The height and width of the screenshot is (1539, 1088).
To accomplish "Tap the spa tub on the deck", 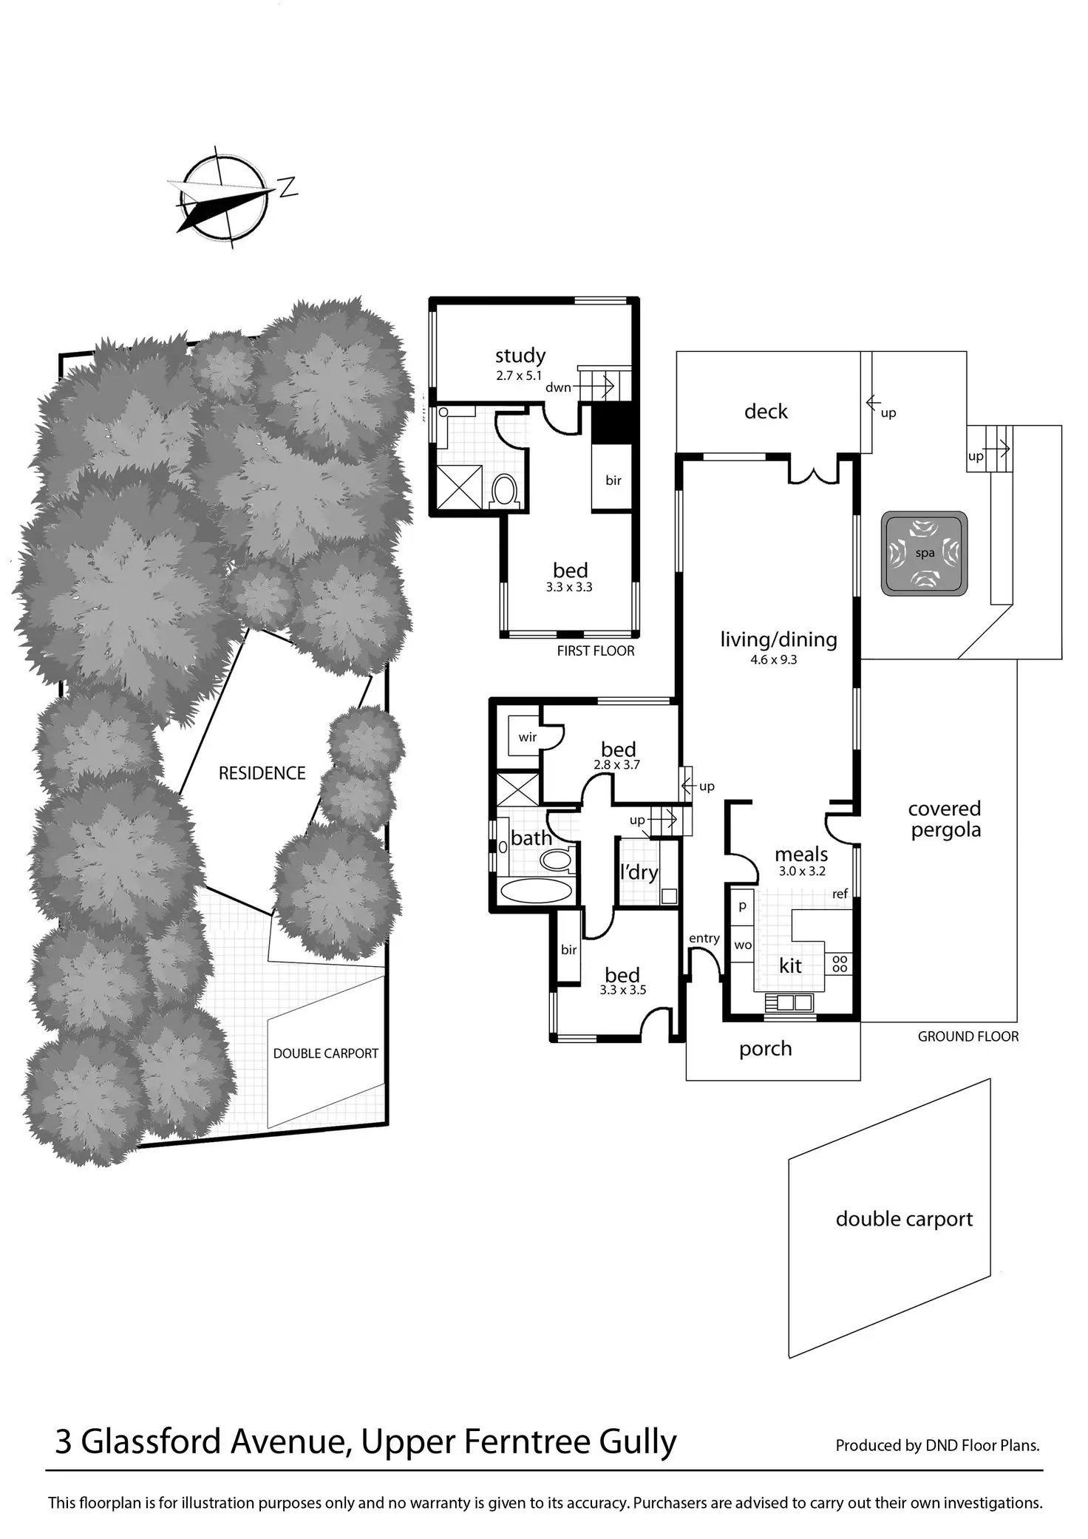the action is [924, 554].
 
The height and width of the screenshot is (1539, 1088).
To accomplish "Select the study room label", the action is [520, 356].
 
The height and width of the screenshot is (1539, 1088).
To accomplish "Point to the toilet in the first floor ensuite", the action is [504, 489].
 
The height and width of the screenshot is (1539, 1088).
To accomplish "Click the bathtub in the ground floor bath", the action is [537, 890].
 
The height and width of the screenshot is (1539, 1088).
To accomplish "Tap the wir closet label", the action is [528, 737].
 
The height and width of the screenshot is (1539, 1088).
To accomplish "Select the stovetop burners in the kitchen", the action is [840, 963].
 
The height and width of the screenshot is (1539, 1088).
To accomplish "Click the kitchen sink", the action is [789, 1003].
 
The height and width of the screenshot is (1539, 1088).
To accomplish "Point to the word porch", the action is [765, 1049].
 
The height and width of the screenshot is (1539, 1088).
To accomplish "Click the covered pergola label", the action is [945, 819].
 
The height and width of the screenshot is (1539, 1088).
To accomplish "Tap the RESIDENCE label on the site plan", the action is [262, 773].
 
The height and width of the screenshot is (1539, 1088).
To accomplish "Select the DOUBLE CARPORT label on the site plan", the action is [325, 1053].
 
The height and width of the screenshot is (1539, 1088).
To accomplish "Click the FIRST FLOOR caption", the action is [596, 651].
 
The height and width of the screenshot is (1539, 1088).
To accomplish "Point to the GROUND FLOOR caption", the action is [968, 1037].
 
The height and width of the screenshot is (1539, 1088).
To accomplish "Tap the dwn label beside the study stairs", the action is [558, 387].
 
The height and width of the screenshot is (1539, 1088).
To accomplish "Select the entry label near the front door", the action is [704, 938].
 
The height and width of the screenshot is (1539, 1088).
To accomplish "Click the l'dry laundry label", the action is [639, 872].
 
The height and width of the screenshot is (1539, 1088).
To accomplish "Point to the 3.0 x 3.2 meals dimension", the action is [801, 872].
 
